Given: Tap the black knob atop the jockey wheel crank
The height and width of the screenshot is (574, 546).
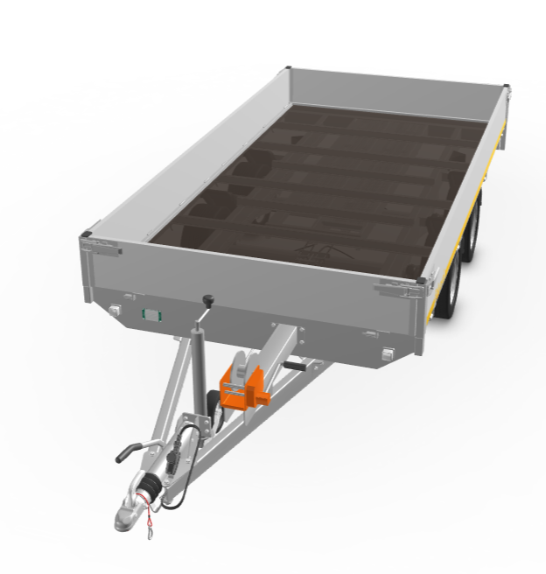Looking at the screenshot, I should (208, 301).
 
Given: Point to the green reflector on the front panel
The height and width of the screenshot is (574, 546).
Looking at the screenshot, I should (150, 313).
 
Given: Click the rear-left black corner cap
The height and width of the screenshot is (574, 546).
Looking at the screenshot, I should (286, 68).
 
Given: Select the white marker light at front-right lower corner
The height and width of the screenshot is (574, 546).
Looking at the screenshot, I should (388, 353).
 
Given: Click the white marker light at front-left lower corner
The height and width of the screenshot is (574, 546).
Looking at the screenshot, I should (115, 309).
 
